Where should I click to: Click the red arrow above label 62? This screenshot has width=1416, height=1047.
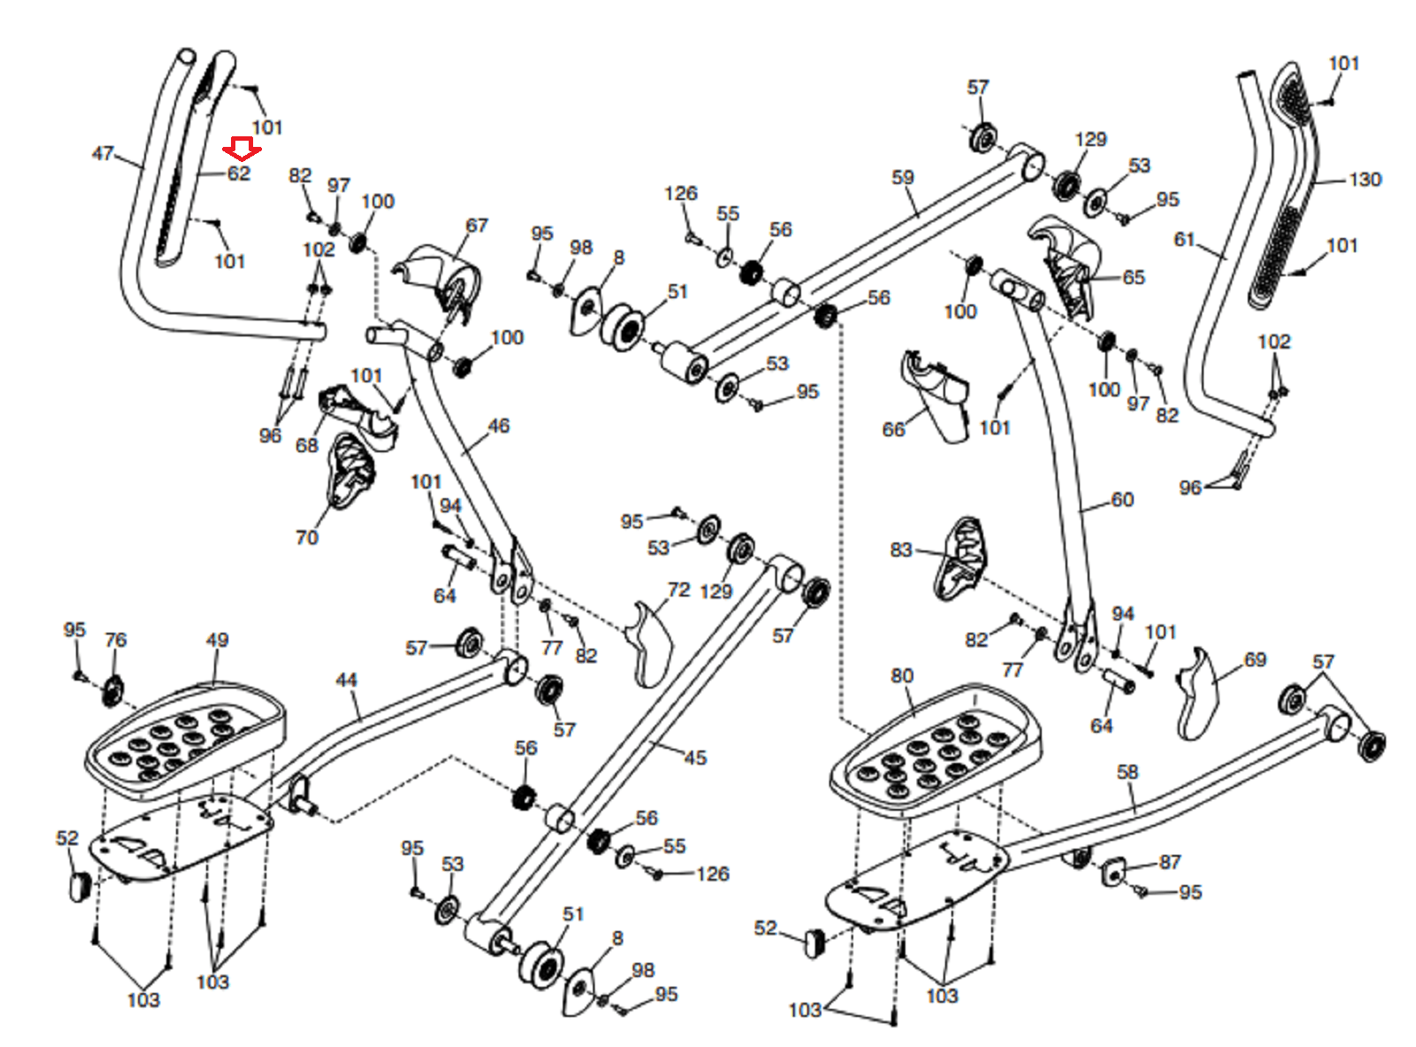tap(242, 149)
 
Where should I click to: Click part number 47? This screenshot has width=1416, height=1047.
tap(103, 153)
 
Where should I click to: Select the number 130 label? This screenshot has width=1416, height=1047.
tap(1365, 180)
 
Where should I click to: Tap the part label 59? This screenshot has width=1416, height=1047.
tap(903, 177)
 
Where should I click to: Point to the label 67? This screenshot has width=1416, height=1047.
tap(476, 226)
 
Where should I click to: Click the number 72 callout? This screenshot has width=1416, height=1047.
tap(679, 589)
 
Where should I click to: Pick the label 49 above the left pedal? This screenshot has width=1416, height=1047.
tap(217, 640)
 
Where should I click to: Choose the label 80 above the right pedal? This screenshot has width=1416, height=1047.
tap(902, 675)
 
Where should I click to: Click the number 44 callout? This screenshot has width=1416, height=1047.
tap(346, 680)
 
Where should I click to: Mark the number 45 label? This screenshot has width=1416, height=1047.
tap(696, 758)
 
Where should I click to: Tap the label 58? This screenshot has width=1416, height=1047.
tap(1127, 772)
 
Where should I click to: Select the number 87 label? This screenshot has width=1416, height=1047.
tap(1170, 862)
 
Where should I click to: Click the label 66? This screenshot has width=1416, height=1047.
tap(894, 429)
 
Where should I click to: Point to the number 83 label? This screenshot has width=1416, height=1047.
tap(902, 550)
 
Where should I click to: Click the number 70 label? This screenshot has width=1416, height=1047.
tap(306, 537)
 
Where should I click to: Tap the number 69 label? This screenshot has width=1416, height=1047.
tap(1255, 659)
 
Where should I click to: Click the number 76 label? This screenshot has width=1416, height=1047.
tap(116, 640)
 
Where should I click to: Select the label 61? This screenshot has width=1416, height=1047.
tap(1184, 240)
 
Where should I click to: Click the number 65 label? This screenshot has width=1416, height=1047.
tap(1134, 277)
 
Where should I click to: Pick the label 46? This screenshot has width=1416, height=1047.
tap(498, 426)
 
